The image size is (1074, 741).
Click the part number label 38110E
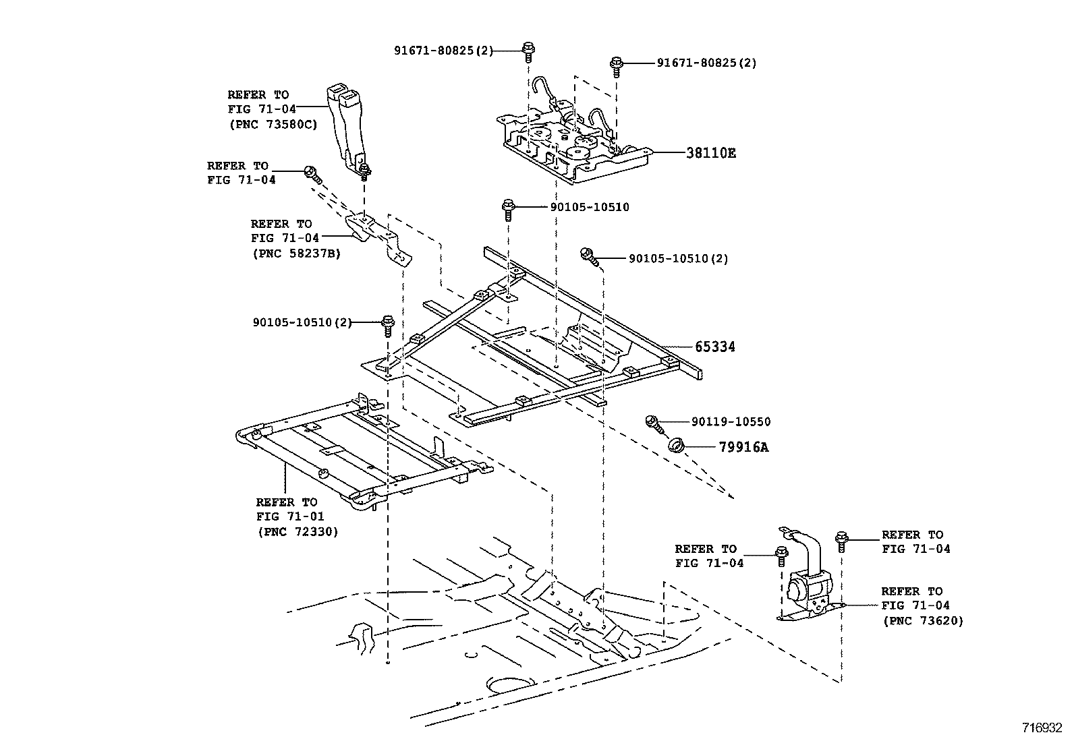711,153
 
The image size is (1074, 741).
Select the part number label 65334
715,347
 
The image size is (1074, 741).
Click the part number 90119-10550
731,421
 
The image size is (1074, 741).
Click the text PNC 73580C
273,123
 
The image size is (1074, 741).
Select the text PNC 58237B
296,254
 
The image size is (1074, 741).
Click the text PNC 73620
923,620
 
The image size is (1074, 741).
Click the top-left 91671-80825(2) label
444,50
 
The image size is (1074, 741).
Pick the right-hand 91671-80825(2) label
706,63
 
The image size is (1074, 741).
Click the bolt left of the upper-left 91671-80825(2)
528,51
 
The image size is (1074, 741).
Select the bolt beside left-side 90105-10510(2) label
388,325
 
